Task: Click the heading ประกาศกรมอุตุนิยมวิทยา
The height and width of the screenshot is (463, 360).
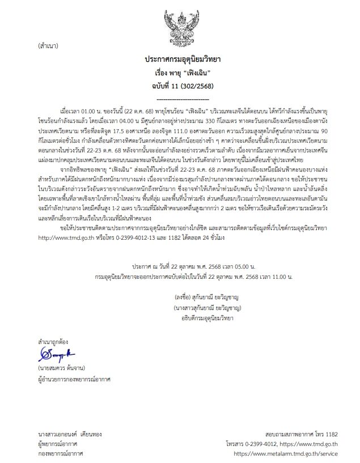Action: click(x=181, y=59)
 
